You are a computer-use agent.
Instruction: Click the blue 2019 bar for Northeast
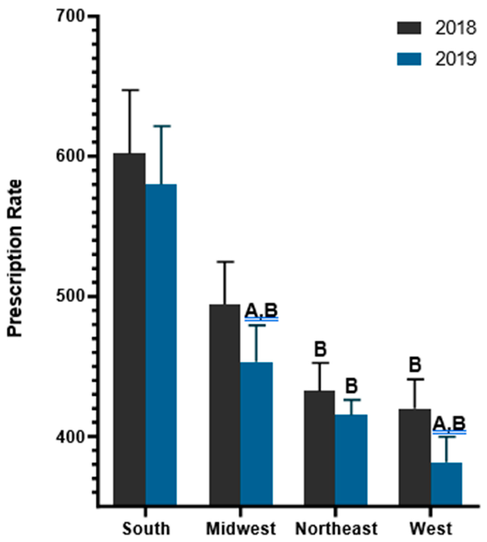[351, 460]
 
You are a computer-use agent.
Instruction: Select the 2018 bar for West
[415, 458]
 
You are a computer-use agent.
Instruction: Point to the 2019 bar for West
[447, 485]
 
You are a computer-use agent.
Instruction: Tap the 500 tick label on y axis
[70, 297]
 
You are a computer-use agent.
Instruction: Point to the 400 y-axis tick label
[70, 437]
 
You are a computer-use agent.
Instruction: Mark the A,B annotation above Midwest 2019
[261, 311]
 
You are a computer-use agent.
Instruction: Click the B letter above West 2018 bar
[415, 365]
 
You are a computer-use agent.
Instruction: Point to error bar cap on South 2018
[130, 90]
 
